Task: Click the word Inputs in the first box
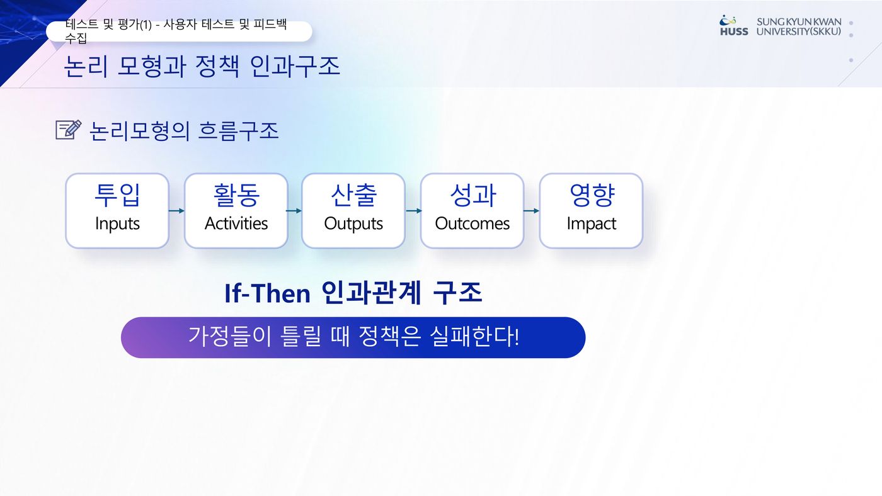coord(117,224)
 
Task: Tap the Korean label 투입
coord(117,194)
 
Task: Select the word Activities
coord(236,223)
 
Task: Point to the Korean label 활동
coord(236,194)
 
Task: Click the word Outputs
coord(353,224)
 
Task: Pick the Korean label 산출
coord(353,194)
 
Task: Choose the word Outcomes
coord(472,223)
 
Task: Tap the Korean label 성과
coord(472,194)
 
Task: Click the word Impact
coord(592,224)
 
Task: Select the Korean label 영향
coord(592,194)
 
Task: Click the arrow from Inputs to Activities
coord(176,211)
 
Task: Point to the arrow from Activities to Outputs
coord(294,211)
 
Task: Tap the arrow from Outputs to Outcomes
coord(413,211)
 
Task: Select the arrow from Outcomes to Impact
coord(532,211)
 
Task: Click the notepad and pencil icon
coord(69,130)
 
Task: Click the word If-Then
coord(267,293)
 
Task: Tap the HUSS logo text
coord(734,31)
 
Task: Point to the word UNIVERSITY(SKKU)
coord(799,31)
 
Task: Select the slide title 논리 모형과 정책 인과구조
coord(202,66)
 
